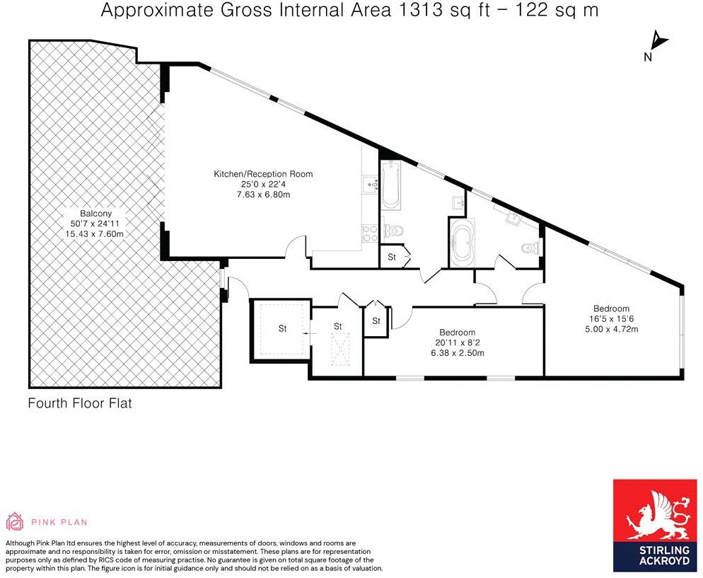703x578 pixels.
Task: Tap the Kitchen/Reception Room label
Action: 263,174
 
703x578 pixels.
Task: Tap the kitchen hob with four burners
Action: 369,233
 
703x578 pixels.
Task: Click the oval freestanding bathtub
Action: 463,243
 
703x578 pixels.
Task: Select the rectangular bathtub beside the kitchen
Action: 391,186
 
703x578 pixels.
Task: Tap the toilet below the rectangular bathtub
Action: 393,230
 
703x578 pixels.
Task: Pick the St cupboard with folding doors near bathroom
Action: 392,258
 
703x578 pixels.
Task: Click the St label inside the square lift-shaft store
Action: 282,328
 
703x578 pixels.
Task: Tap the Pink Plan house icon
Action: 15,522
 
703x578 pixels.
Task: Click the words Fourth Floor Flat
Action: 80,404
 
